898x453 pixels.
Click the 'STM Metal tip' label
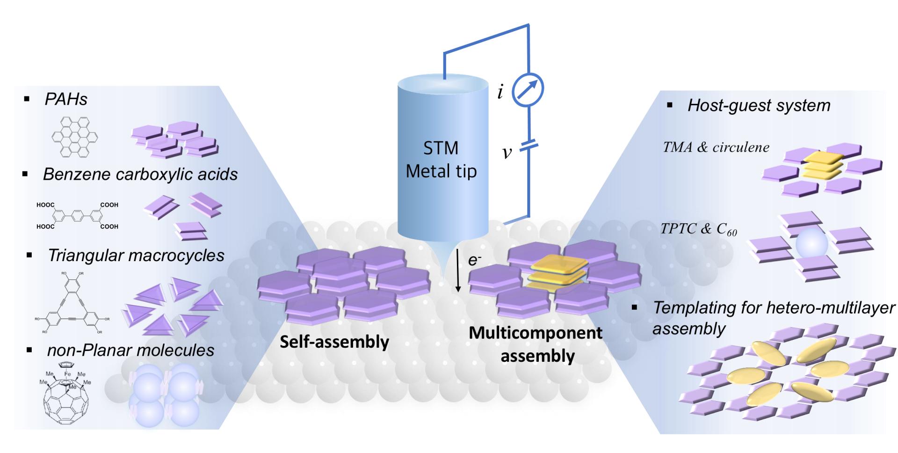(x=441, y=160)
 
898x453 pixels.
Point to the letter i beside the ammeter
(x=500, y=92)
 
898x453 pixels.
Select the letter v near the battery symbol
(x=507, y=152)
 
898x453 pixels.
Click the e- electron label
(x=475, y=260)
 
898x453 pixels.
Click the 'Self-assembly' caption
(x=334, y=342)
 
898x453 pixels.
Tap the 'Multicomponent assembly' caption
(x=536, y=344)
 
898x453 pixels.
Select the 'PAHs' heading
(x=65, y=99)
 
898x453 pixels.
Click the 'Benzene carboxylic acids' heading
(x=140, y=174)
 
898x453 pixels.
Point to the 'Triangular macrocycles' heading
(x=136, y=255)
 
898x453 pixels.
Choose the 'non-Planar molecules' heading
(x=130, y=350)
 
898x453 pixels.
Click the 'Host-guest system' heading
(x=759, y=105)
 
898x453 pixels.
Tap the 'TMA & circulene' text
(x=716, y=147)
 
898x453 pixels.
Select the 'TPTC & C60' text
(x=698, y=229)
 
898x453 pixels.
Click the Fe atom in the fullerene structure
(x=67, y=374)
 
